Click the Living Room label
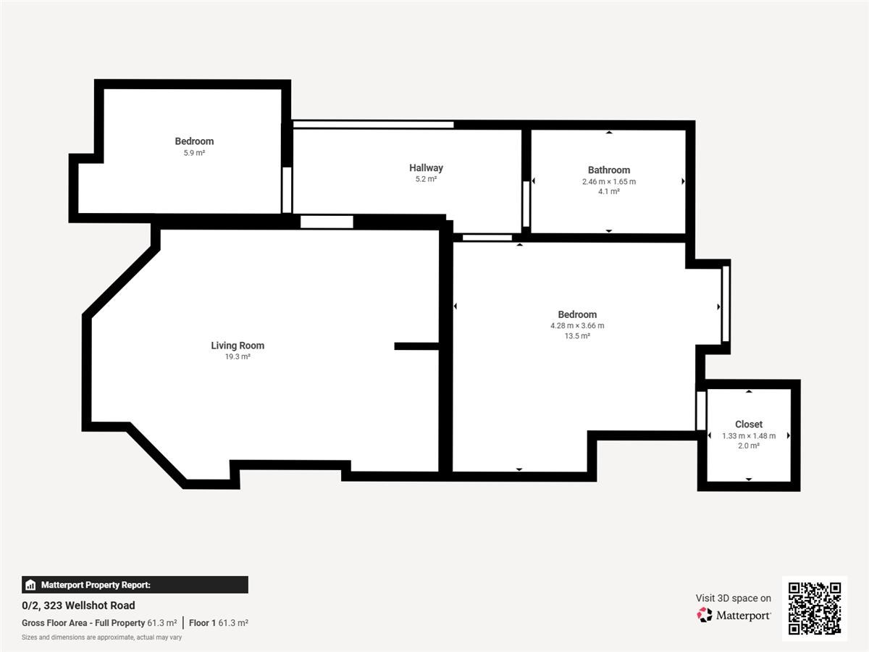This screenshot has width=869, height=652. [x=238, y=346]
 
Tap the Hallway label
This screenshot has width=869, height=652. [x=426, y=168]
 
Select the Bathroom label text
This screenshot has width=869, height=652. [x=609, y=170]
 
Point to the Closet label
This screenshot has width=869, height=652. [x=749, y=425]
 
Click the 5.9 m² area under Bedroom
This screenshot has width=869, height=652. [x=194, y=153]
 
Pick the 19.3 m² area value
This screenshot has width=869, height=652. [x=238, y=356]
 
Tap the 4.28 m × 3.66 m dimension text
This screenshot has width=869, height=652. [x=577, y=326]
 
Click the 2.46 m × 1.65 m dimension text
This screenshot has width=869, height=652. [x=609, y=182]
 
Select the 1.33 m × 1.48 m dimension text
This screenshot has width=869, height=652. [x=749, y=436]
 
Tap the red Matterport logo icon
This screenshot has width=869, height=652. [x=705, y=615]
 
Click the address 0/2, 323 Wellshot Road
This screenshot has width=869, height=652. [x=78, y=606]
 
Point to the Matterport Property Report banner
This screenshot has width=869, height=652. [x=135, y=585]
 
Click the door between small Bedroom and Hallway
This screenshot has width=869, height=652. [x=287, y=190]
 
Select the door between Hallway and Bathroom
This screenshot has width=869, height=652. [x=526, y=204]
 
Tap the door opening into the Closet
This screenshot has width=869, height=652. [x=701, y=411]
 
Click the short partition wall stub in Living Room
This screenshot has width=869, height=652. [x=416, y=346]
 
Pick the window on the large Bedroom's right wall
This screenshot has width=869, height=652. [x=726, y=304]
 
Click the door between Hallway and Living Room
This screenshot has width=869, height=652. [x=327, y=222]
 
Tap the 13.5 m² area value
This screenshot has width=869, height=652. [x=577, y=336]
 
